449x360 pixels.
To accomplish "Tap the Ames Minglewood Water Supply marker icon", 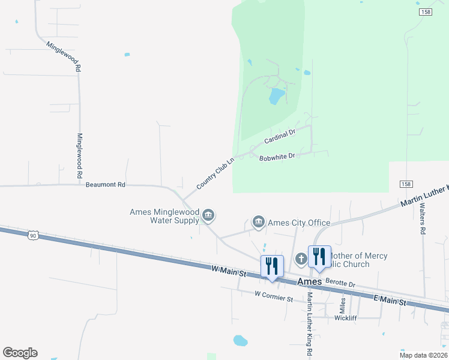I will point(208,215).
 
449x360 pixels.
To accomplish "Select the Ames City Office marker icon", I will point(259,223).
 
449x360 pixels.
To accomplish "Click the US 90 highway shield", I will point(33,236).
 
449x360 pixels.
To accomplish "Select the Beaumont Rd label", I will point(105,185).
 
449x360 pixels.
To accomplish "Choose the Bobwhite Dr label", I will point(277,157).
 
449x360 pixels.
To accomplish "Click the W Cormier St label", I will point(273,295).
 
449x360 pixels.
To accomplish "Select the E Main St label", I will point(390,300).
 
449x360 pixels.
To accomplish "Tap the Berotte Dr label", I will point(340,281).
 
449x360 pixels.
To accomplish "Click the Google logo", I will point(20,352).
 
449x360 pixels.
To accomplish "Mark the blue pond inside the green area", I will point(276,96).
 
